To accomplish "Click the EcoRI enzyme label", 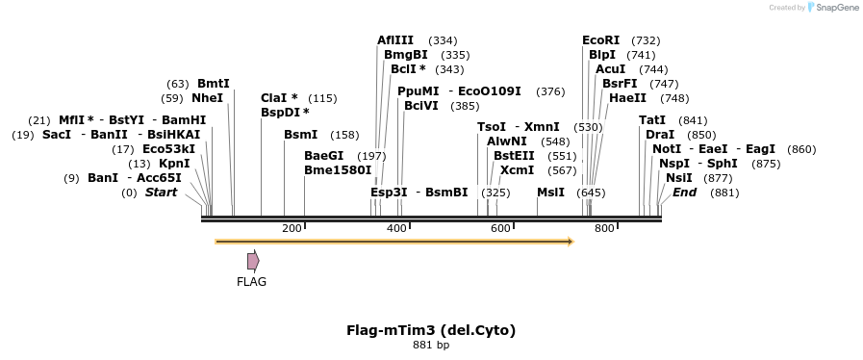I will click(x=601, y=40).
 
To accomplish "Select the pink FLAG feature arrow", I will click(x=253, y=261).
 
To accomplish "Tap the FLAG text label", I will click(x=251, y=282).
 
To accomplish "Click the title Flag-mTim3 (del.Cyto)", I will click(x=431, y=330).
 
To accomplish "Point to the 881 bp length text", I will click(x=431, y=345).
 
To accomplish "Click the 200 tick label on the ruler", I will click(x=292, y=228).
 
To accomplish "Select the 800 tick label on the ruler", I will click(x=604, y=228).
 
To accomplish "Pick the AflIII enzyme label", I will click(x=395, y=40).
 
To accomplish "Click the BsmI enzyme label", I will click(x=300, y=135).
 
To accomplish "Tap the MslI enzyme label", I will click(x=550, y=193).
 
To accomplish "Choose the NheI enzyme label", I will click(x=207, y=98).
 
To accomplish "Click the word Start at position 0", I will click(x=162, y=193).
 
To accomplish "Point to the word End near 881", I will click(x=685, y=193).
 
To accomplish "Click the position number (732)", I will click(x=646, y=40).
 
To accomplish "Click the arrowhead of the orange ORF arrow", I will click(x=571, y=241).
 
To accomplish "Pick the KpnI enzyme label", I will click(x=174, y=164).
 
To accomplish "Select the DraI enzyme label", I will click(x=660, y=135).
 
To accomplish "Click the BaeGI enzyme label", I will click(x=323, y=156).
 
